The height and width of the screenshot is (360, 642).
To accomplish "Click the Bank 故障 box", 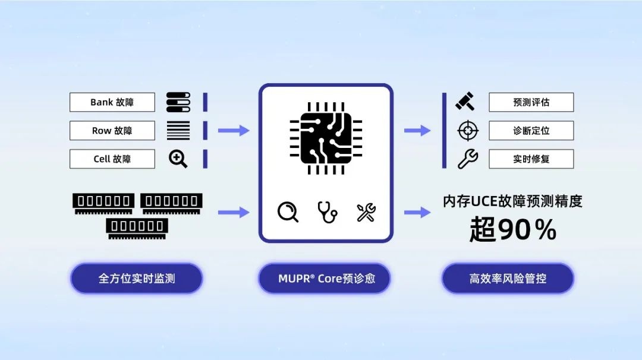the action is coord(112,102).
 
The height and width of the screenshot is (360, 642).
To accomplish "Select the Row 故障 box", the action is coord(112,131).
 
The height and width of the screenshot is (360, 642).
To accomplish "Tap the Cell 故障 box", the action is coord(112,159).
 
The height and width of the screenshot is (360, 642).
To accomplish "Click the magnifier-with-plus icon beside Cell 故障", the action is coord(178,159).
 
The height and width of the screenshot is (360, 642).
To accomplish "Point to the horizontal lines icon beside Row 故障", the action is coord(178,131).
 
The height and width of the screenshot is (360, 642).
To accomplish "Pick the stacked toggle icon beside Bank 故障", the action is coord(178,102).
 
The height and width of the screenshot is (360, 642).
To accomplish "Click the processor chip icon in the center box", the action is coord(326,138).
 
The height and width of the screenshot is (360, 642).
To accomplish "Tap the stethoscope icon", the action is coord(327,212).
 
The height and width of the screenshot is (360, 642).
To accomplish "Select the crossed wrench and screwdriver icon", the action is coord(366,212).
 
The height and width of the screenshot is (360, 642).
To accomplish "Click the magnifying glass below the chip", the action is coord(288,212).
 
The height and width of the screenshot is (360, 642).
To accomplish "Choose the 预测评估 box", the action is coord(531,102).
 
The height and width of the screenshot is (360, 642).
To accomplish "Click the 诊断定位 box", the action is coord(531,131).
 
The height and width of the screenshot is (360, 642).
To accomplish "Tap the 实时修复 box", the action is coord(531,159).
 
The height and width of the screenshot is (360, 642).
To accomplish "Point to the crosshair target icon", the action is coord(468,131).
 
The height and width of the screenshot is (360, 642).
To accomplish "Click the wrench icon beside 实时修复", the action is coord(468,159).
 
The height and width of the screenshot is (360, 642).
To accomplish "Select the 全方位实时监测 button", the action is coord(136,279).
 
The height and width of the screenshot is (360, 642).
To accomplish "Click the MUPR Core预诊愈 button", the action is coord(325,279).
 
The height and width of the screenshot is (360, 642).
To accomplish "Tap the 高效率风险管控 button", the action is coord(508,279).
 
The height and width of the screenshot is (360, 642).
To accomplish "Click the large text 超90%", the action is coord(512,229).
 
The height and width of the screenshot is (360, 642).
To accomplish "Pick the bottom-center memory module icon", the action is coord(137,229).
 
